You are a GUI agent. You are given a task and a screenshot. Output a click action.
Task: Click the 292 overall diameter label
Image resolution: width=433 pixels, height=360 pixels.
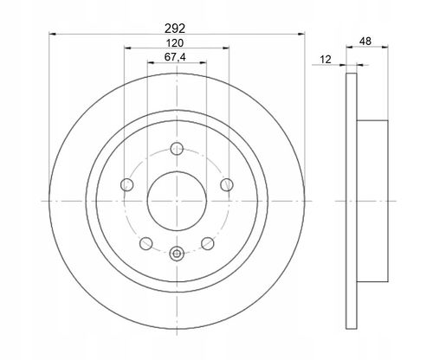(x=175, y=29)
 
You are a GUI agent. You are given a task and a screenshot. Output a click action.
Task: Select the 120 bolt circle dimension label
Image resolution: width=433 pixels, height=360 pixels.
(x=175, y=43)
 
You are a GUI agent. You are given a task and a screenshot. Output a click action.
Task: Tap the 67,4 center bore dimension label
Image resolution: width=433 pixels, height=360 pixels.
(x=175, y=57)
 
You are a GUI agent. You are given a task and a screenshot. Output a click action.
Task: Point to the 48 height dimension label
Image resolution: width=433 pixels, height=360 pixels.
(x=365, y=42)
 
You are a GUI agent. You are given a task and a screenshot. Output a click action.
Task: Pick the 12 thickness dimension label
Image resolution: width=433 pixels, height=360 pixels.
(x=326, y=60)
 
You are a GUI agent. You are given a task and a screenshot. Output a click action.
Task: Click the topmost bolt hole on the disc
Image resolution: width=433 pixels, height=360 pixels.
(x=177, y=149)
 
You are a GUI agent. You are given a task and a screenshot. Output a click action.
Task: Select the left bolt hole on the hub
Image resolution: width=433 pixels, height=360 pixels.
(x=126, y=184)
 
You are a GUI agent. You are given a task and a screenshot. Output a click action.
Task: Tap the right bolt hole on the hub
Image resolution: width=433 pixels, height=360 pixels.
(x=227, y=184)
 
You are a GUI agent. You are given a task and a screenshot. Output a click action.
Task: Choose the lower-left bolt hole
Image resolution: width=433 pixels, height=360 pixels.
(x=145, y=243)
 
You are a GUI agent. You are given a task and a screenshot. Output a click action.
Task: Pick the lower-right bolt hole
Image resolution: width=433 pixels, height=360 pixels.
(x=208, y=243)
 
